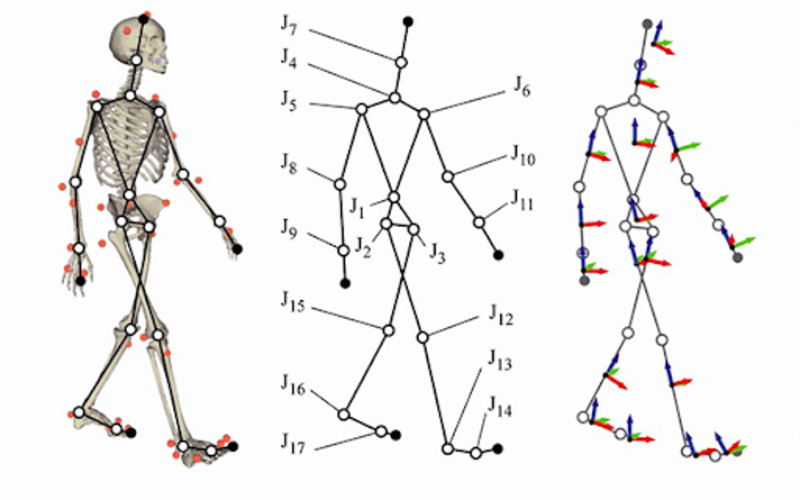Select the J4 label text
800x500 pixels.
coord(289,59)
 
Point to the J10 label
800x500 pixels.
coord(523,156)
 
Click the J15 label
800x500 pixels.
coord(293,302)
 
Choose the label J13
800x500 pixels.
coord(500,360)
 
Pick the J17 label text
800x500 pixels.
coord(293,443)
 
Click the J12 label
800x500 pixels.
coord(501,315)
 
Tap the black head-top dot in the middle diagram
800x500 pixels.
coord(408,21)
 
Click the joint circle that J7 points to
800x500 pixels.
coord(401,62)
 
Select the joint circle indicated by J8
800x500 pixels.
coord(340,184)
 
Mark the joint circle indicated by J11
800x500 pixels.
coord(479,222)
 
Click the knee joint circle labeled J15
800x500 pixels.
coord(388,331)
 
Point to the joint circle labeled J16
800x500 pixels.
coord(344,414)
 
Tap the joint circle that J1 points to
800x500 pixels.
coord(394,197)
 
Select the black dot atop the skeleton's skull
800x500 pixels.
coord(143,19)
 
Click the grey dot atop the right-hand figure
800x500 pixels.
coord(647,23)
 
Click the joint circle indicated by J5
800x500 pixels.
coord(361,109)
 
